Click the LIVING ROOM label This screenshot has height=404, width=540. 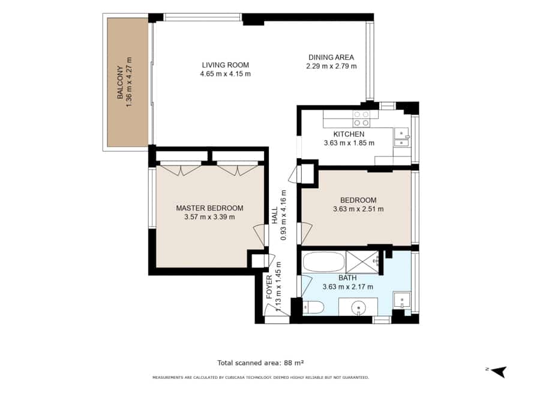click(x=225, y=65)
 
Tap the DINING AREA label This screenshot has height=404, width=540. click(x=331, y=57)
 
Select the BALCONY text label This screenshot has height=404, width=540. click(x=120, y=82)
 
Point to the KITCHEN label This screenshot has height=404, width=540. click(x=349, y=134)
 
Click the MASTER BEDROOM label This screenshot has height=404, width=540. click(x=209, y=208)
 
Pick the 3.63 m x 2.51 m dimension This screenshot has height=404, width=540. click(x=358, y=209)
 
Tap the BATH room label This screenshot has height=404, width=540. click(x=347, y=278)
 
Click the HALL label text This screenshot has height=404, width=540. click(x=274, y=215)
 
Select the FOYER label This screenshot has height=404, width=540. click(x=269, y=287)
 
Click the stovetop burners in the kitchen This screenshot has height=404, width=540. click(x=361, y=118)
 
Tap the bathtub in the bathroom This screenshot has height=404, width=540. click(x=323, y=262)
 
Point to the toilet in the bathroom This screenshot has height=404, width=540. click(x=313, y=307)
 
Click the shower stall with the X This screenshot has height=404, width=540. click(x=362, y=262)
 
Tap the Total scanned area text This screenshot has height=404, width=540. click(x=260, y=363)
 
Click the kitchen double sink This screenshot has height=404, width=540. click(x=401, y=137)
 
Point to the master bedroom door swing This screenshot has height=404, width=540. click(x=260, y=236)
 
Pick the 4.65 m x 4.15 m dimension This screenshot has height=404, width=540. click(x=225, y=74)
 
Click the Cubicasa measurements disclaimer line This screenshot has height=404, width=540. click(x=260, y=378)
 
